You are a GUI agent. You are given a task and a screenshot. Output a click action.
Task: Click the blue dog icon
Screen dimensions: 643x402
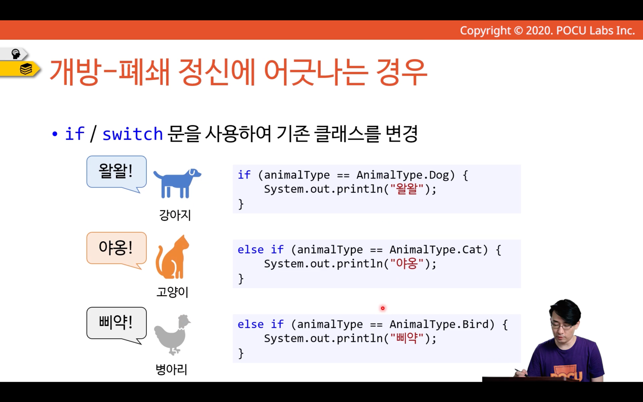point(177,183)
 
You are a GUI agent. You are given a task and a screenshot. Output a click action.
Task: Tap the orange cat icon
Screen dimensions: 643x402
point(172,257)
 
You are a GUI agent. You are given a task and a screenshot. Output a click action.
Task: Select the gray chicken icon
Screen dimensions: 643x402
point(172,335)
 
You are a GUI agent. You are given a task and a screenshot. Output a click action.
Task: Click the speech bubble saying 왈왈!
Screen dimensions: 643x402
point(117,172)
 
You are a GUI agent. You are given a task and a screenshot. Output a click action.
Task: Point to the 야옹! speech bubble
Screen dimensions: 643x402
point(117,248)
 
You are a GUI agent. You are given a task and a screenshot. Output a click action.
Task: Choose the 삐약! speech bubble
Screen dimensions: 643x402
point(117,324)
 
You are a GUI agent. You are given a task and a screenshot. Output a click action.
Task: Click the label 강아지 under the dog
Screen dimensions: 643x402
point(175,215)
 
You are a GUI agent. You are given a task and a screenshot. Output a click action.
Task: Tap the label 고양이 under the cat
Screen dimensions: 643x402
point(172,292)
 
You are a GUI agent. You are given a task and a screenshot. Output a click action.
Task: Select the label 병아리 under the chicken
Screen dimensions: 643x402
point(171,369)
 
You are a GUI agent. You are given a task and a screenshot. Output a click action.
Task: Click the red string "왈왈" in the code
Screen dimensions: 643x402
point(407,189)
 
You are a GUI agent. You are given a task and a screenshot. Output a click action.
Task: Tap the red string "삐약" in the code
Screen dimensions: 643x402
point(407,339)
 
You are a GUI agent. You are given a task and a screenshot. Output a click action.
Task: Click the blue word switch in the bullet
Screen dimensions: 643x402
point(133,134)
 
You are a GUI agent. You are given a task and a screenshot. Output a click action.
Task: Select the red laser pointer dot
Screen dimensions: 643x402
point(383,308)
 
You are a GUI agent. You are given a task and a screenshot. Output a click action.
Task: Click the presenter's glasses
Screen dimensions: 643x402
point(562,325)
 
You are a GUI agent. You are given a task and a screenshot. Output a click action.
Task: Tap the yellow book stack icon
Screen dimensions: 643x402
point(26,69)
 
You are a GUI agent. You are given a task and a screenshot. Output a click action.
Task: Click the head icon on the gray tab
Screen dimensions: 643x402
point(15,54)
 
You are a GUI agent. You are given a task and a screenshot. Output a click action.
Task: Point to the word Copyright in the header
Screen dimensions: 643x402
point(485,31)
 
